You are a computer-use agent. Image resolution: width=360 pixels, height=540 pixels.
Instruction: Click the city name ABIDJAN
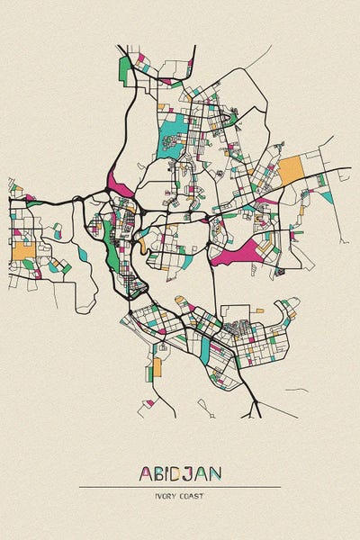(x=180, y=473)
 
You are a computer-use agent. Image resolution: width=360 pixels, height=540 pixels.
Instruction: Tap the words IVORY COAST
(x=180, y=496)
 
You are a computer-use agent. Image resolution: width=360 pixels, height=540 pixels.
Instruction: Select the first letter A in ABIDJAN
(x=146, y=473)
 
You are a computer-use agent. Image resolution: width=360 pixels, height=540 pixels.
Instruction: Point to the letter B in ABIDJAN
(x=159, y=473)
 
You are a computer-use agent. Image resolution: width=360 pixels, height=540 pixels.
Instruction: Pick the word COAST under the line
(x=191, y=496)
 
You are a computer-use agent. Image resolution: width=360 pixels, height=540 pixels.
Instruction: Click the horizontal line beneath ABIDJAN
(x=180, y=487)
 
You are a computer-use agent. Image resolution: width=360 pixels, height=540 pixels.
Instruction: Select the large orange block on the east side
(x=291, y=171)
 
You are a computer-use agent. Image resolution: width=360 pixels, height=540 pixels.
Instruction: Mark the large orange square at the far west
(x=22, y=249)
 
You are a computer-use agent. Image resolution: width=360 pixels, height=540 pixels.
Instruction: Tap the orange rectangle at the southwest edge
(x=157, y=366)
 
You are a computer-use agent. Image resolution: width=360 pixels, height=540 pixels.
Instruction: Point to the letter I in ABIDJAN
(x=169, y=473)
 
